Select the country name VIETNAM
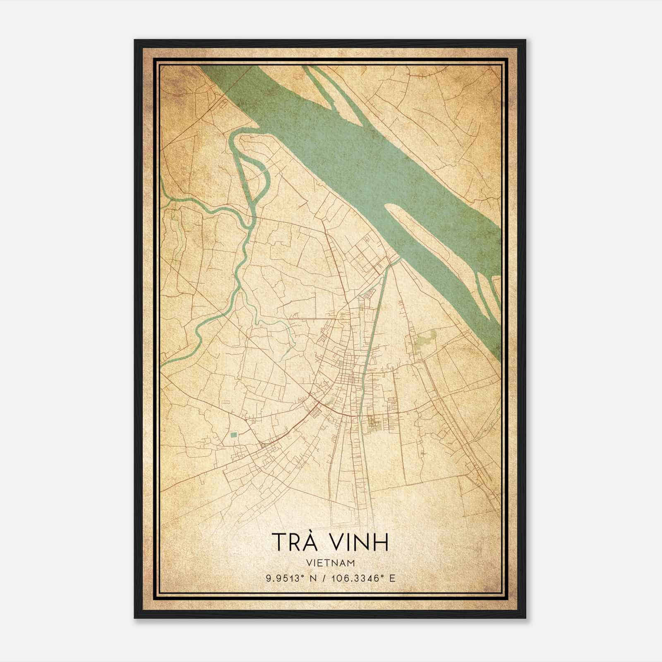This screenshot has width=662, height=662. [x=330, y=563]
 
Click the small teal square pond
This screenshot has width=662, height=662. [x=234, y=435]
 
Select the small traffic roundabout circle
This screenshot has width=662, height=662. [x=262, y=446]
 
